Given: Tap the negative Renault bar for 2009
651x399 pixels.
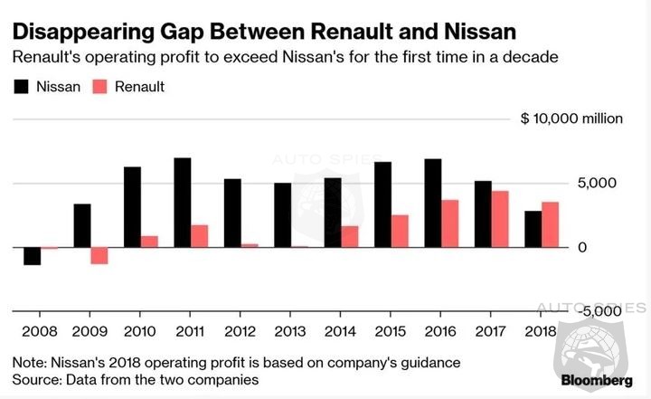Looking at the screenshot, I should [99, 255].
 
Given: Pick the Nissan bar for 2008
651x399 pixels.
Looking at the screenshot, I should [32, 255].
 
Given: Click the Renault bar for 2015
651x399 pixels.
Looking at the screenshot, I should [400, 231].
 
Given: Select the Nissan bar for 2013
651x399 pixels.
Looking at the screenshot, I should [282, 214].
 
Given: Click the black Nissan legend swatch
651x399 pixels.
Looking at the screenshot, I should [20, 88].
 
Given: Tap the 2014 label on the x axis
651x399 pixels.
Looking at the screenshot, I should [341, 330].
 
